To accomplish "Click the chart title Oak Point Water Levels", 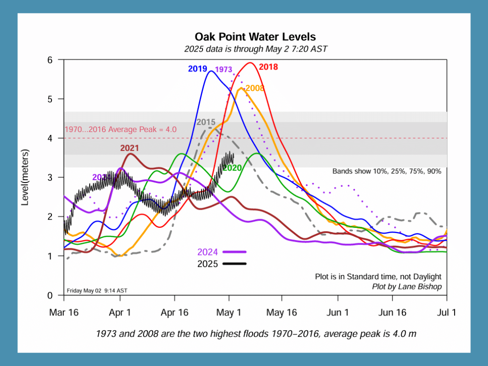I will click(255, 37).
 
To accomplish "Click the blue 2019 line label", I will click(197, 69).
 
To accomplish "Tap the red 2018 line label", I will click(268, 67).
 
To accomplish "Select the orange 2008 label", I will click(255, 88).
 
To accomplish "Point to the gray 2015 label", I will click(206, 122).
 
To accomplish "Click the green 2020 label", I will click(232, 168).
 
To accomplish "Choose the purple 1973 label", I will click(224, 70).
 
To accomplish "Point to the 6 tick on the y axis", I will click(56, 60).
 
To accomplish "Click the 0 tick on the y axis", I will click(56, 295).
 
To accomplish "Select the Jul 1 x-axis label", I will click(447, 313).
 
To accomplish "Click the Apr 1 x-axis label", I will click(120, 313).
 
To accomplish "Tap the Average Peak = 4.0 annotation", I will click(121, 129).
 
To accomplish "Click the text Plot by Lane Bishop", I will click(406, 286).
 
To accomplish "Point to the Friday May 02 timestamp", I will click(96, 290).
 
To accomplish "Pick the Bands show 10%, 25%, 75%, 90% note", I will click(386, 171).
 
